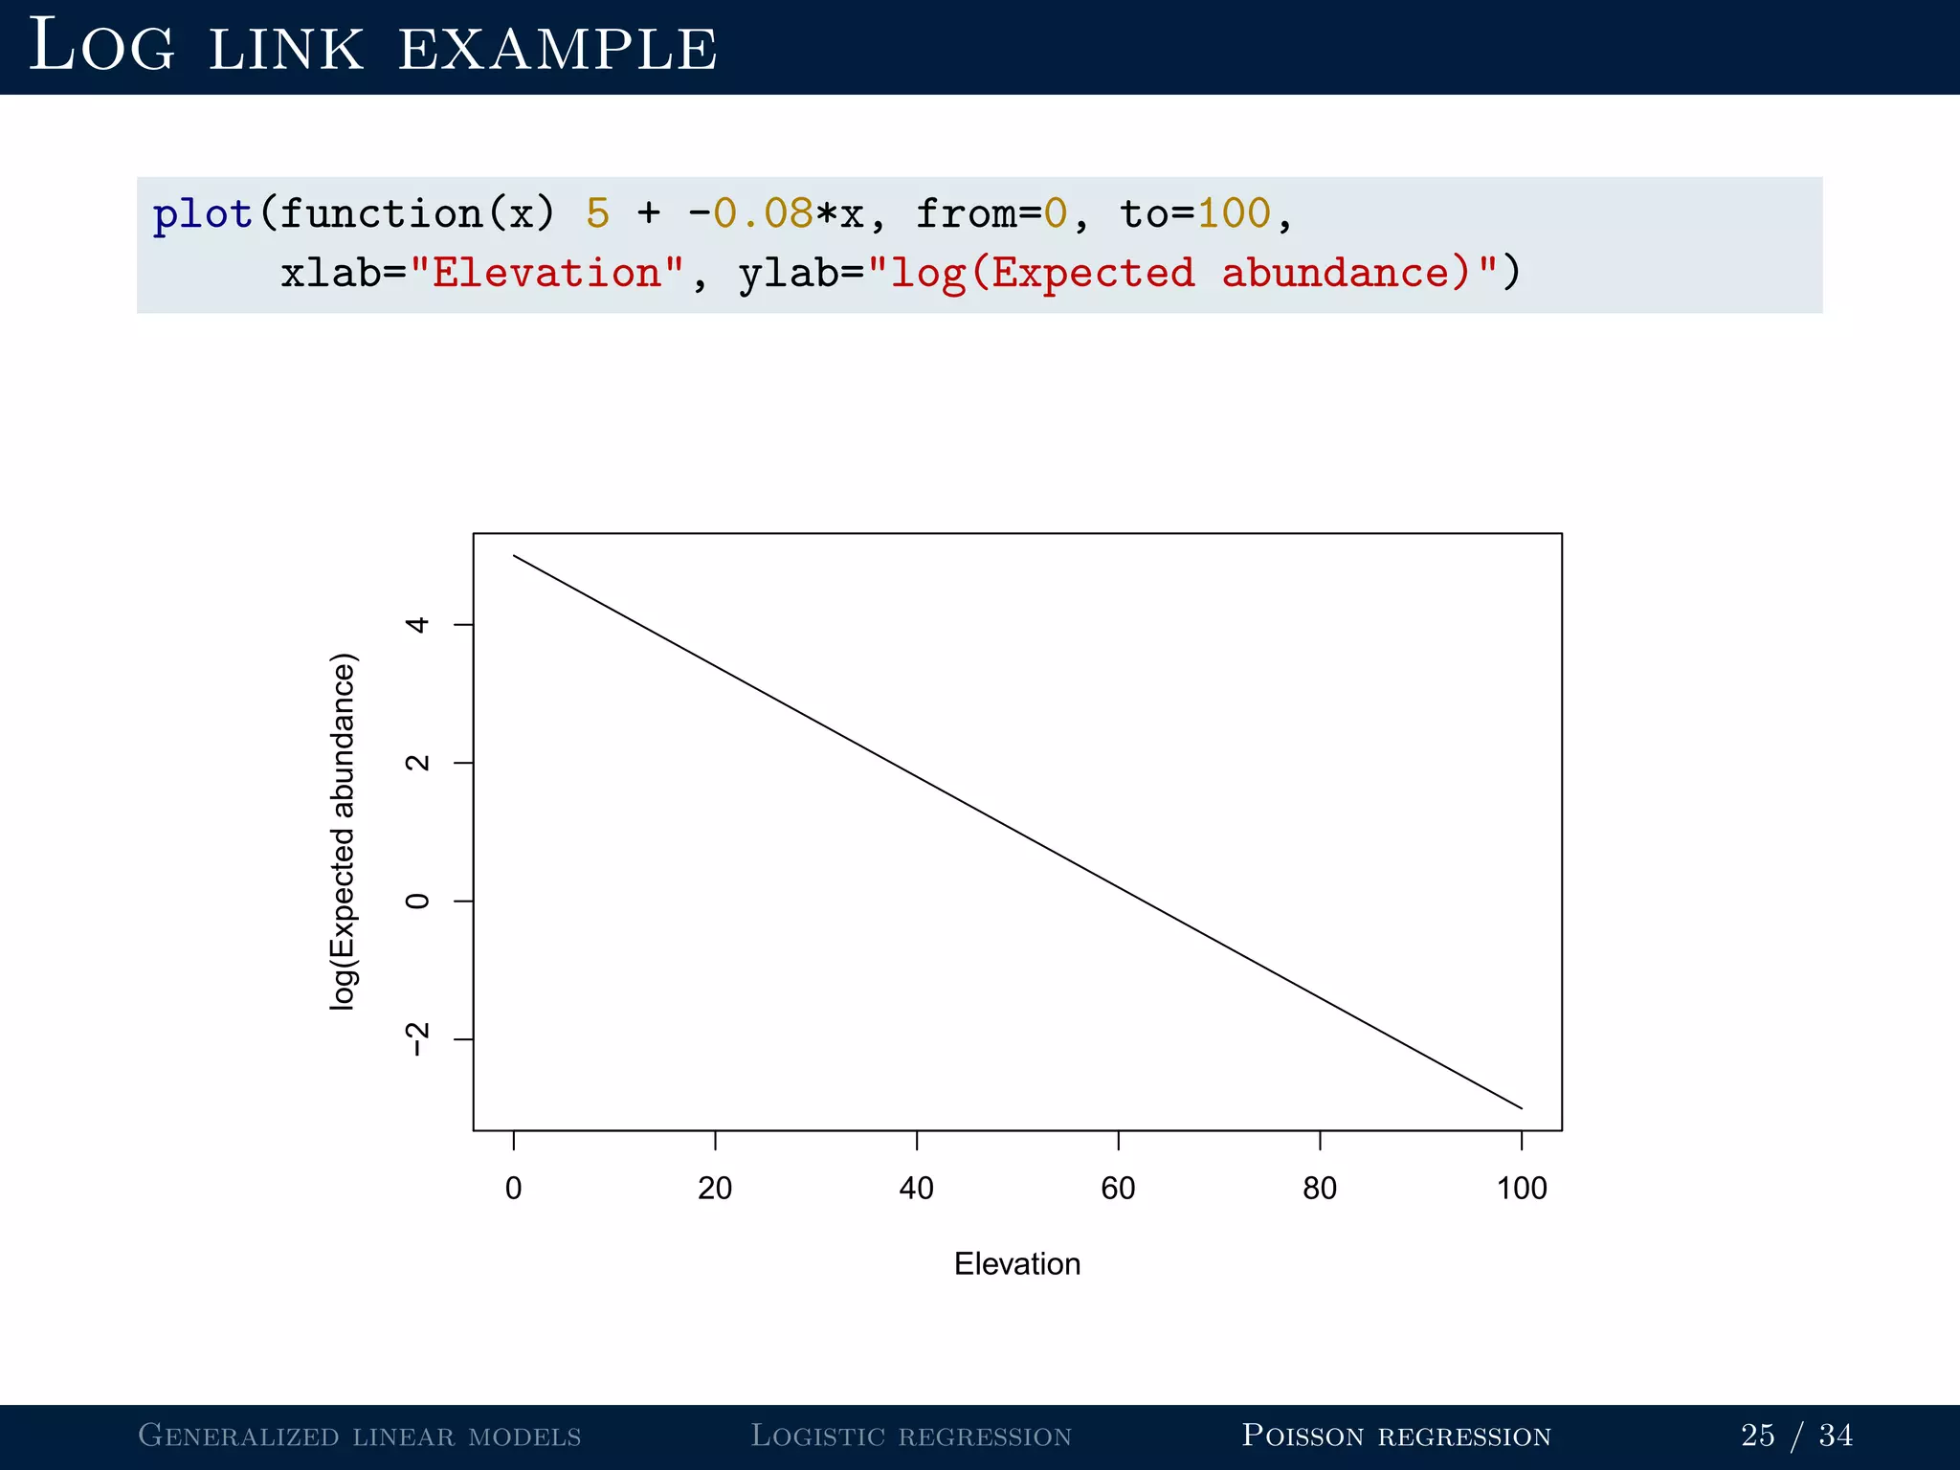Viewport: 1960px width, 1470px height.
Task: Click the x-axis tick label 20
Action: (715, 1189)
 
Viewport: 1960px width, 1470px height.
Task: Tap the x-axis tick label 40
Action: (916, 1189)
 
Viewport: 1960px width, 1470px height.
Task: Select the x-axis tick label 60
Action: (1118, 1189)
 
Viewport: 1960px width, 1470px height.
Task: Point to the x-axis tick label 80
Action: (1320, 1189)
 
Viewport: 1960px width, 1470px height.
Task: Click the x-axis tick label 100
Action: (1522, 1189)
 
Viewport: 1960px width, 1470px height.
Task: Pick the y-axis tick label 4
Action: (417, 625)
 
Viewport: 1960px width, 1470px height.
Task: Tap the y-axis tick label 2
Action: (417, 763)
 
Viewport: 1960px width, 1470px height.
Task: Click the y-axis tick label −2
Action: (417, 1039)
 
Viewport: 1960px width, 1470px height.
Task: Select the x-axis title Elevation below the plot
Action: (1017, 1264)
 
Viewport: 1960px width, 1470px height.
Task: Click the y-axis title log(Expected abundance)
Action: (343, 831)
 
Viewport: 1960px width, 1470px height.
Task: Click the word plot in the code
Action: (203, 213)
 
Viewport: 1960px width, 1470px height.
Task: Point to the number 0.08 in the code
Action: (763, 213)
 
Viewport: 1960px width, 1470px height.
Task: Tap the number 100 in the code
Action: (1234, 213)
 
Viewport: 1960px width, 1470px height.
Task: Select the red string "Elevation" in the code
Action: (546, 274)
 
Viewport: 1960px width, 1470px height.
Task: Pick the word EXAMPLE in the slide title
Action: (557, 48)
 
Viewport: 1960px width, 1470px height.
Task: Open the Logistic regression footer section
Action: (911, 1436)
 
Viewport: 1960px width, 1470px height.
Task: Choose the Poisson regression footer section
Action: (1396, 1436)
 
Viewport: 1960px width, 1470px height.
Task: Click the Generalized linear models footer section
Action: (360, 1436)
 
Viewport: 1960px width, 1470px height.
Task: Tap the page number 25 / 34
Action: (1796, 1436)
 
